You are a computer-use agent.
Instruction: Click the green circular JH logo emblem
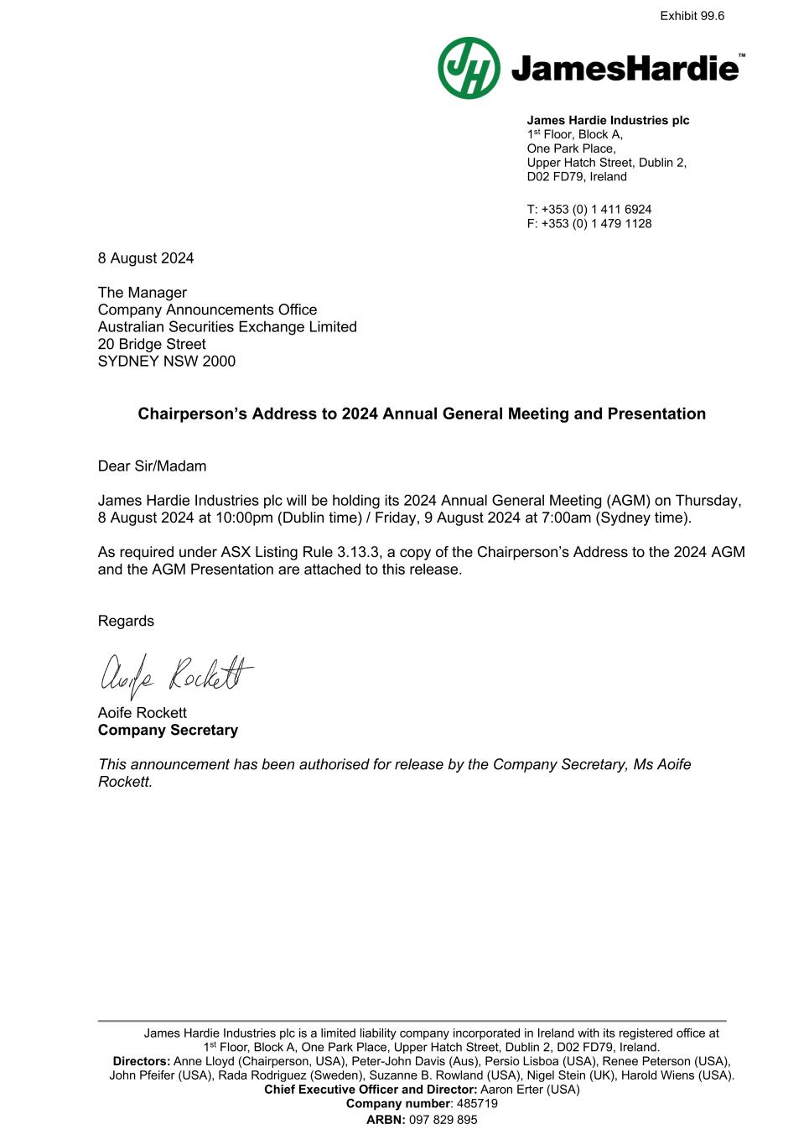click(469, 68)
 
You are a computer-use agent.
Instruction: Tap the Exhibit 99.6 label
click(692, 16)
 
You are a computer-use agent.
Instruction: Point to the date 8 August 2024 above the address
click(146, 258)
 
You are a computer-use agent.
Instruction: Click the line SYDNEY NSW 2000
click(167, 362)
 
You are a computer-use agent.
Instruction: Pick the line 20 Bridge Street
click(152, 345)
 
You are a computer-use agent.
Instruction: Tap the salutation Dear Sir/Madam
click(152, 466)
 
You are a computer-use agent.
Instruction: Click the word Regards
click(126, 621)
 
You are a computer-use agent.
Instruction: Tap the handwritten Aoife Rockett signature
click(176, 674)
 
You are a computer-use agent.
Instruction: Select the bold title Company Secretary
click(168, 730)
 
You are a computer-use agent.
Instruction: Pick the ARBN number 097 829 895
click(443, 1120)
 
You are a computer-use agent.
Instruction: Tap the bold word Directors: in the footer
click(142, 1061)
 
